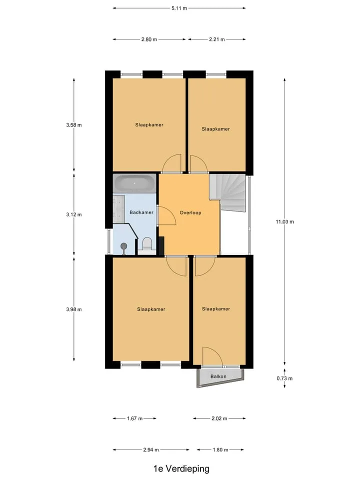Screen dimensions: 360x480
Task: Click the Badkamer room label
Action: coord(141,212)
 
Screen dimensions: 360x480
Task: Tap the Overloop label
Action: coord(190,212)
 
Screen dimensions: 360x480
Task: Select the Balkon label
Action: coord(218,376)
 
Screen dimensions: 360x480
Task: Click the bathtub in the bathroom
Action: coord(134,183)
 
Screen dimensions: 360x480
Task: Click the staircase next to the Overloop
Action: coord(229,191)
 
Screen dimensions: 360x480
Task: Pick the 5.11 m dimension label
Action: coord(179,8)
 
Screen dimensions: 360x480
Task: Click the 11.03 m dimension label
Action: coord(284,221)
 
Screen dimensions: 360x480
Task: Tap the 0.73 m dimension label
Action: coord(284,378)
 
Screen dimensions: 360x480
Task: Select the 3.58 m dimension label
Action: coord(74,125)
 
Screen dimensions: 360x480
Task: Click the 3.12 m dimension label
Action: coord(74,214)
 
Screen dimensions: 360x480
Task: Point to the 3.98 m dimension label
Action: coord(74,309)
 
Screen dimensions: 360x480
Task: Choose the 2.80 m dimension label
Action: coord(149,39)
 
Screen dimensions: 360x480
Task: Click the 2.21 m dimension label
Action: coord(217,39)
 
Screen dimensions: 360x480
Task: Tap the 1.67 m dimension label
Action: coord(134,418)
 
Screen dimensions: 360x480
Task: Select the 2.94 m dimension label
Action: coord(151,450)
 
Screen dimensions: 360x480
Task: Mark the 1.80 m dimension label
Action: coord(220,450)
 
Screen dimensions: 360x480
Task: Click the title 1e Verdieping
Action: coord(181,468)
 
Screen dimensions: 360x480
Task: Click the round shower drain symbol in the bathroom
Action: coord(123,246)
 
